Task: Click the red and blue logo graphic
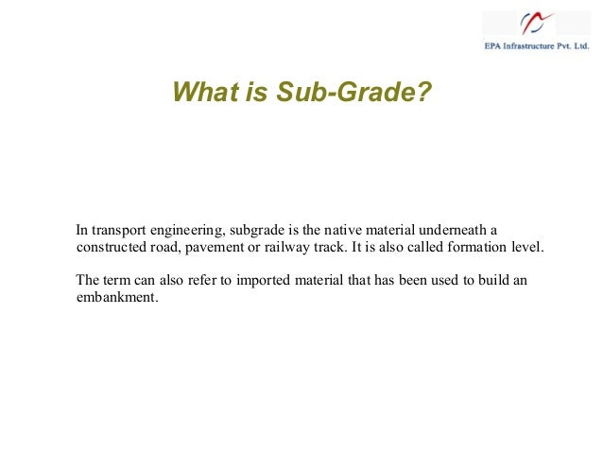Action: (x=538, y=23)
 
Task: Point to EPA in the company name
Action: (x=494, y=45)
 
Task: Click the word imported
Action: (x=245, y=281)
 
